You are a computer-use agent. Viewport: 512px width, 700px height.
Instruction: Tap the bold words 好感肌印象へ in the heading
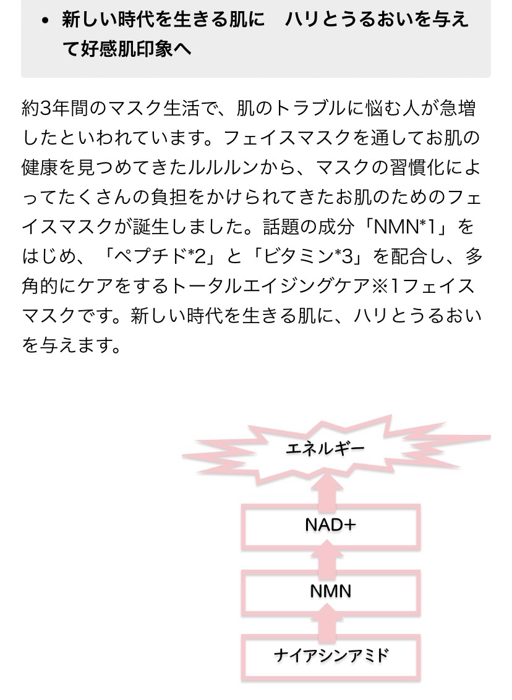tap(136, 49)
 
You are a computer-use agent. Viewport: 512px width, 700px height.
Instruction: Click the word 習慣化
tap(417, 167)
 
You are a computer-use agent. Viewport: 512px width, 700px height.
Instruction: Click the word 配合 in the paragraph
tap(410, 256)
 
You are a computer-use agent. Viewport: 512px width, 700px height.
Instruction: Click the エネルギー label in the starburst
tap(325, 448)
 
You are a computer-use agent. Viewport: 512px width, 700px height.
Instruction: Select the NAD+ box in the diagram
tap(331, 525)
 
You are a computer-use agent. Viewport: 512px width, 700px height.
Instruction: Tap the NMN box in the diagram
tap(331, 591)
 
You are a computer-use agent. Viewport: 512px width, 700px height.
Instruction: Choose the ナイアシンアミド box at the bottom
tap(331, 657)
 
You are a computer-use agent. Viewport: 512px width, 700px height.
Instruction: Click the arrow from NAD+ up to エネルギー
tap(331, 489)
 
